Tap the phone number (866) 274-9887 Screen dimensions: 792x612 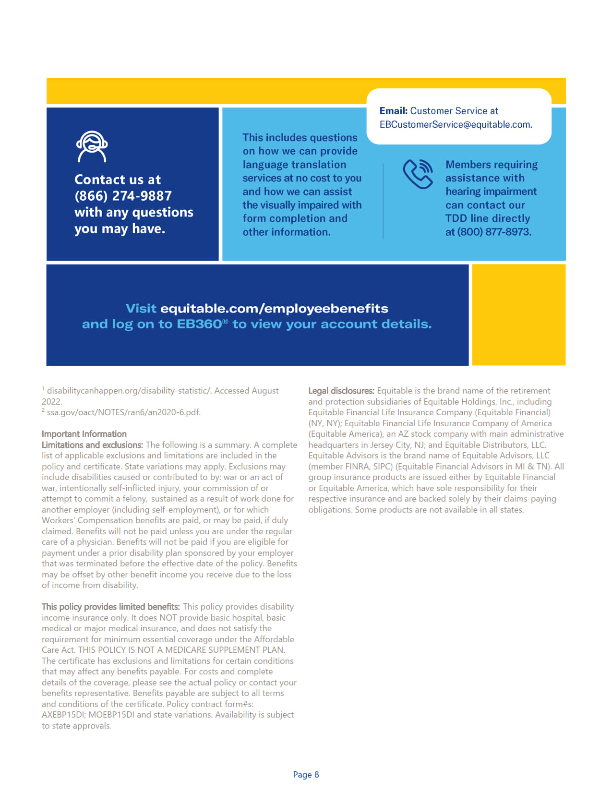click(123, 196)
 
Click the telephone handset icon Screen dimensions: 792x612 click(418, 174)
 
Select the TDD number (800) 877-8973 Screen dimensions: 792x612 click(494, 232)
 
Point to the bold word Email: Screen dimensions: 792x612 click(393, 111)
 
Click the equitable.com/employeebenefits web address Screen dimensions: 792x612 click(274, 308)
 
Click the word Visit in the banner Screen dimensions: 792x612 click(141, 308)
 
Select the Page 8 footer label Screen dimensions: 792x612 click(306, 774)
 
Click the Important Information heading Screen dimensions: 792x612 click(84, 434)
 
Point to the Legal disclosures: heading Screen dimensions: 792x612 click(341, 391)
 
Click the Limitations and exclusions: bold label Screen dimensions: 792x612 click(92, 445)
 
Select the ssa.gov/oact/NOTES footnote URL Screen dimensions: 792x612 click(123, 412)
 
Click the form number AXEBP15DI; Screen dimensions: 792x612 click(64, 715)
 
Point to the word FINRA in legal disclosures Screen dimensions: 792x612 click(357, 467)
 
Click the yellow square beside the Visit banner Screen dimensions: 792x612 click(518, 315)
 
